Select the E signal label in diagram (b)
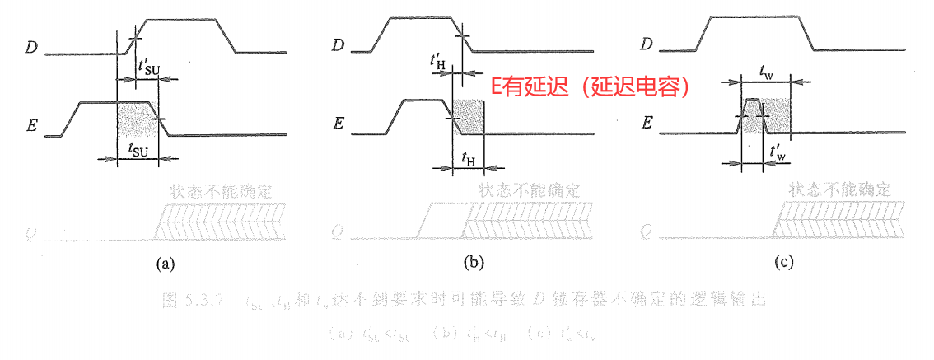point(338,124)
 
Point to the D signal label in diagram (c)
point(647,44)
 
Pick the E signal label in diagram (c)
point(647,124)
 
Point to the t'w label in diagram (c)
point(776,153)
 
